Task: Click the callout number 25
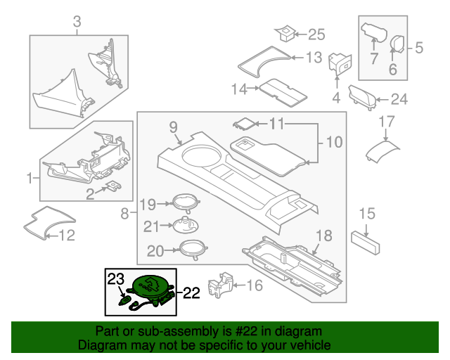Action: [317, 34]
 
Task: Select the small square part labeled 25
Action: [285, 32]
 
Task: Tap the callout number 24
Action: [399, 99]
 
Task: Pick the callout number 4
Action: [336, 96]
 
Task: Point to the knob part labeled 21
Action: [185, 226]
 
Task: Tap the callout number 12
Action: [65, 236]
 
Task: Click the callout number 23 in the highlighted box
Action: [115, 279]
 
